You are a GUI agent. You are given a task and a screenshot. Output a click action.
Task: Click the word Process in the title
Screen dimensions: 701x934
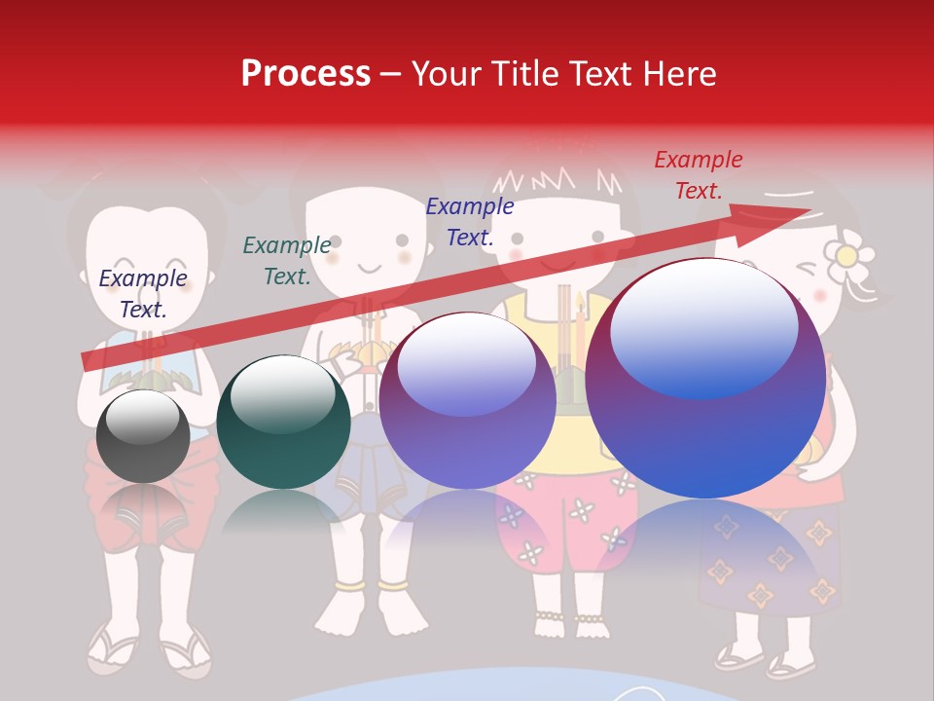(x=305, y=74)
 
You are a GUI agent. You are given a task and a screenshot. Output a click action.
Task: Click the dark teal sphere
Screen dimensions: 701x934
(x=283, y=423)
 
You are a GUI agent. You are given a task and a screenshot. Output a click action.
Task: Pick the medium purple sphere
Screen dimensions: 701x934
(x=468, y=401)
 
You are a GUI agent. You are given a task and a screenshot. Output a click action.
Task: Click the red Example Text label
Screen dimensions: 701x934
(x=699, y=175)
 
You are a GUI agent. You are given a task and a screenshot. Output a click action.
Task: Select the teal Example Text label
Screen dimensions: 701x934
(x=287, y=261)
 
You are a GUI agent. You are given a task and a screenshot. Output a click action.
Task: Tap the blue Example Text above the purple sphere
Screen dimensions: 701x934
(x=470, y=221)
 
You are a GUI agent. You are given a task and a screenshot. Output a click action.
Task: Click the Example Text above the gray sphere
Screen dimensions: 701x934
(x=143, y=293)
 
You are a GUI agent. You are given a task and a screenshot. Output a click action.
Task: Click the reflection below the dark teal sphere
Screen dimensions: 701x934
(x=283, y=510)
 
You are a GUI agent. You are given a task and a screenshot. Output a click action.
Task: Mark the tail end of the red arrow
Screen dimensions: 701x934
(x=88, y=361)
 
